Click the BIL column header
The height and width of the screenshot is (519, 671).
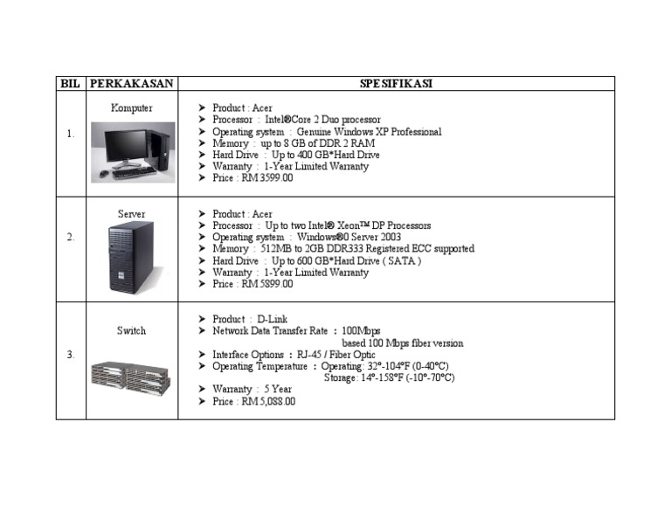70,83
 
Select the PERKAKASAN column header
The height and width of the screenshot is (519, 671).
131,83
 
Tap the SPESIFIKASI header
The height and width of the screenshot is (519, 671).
396,83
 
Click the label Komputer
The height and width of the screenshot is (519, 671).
131,107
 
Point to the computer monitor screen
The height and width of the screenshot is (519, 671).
127,145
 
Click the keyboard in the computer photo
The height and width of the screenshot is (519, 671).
135,172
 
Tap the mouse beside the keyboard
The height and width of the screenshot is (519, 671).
104,173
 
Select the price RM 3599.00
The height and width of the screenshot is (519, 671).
267,178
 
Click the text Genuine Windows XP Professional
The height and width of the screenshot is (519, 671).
369,132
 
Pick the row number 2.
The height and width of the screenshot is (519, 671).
70,237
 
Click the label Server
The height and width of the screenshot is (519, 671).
131,214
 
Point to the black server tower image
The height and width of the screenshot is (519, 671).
131,258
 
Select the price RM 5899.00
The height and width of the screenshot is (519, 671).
267,284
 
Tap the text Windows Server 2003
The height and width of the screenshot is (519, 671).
349,237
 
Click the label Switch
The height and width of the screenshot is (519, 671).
131,331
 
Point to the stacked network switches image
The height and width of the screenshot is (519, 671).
131,377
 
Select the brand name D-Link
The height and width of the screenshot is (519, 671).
273,319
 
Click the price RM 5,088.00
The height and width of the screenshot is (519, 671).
268,401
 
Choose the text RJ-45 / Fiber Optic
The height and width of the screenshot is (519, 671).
335,355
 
